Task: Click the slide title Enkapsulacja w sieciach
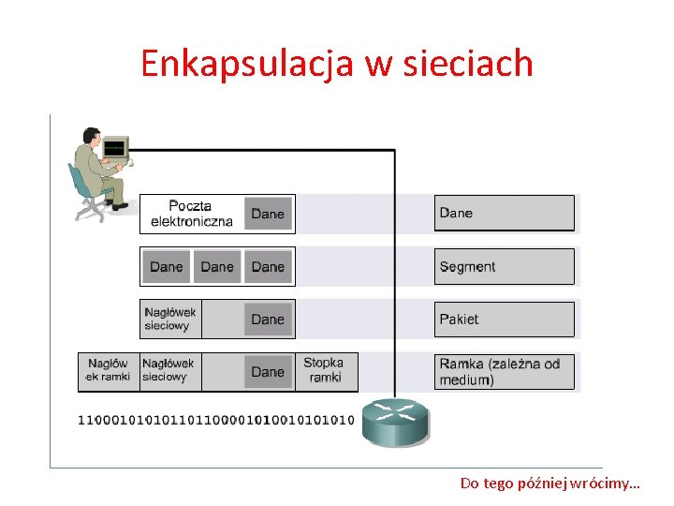point(337,63)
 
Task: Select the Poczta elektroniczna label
point(191,214)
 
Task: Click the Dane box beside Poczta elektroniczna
point(268,214)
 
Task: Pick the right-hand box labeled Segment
point(504,267)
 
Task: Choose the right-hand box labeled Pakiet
point(504,320)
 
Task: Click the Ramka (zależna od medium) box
point(504,372)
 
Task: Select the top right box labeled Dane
point(504,214)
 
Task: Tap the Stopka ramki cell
point(325,370)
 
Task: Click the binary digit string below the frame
point(216,420)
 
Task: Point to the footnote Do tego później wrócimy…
point(549,484)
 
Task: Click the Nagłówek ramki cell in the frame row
point(108,370)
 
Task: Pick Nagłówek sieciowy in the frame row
point(168,370)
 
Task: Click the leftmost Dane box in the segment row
point(167,267)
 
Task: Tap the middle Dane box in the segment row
point(217,267)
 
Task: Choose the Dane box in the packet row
point(268,320)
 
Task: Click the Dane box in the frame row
point(268,372)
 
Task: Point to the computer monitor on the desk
point(115,148)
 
